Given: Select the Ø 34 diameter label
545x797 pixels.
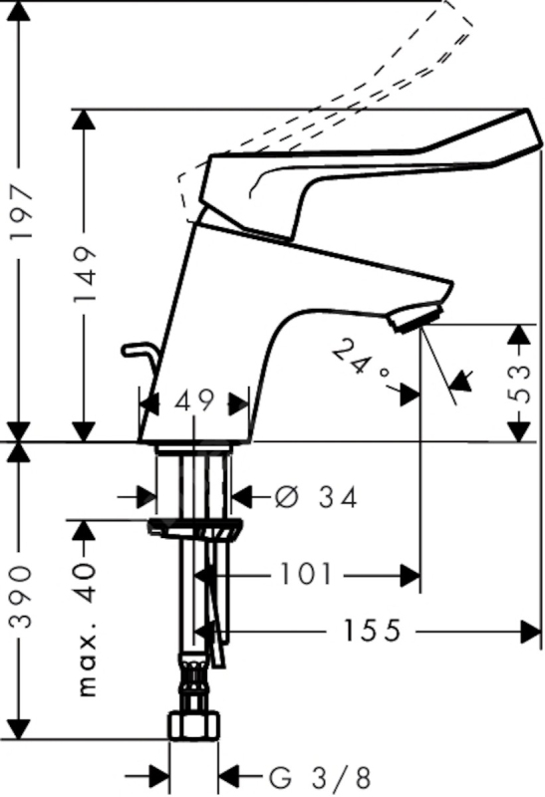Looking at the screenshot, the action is pos(316,497).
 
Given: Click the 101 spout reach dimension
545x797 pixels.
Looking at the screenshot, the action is pos(307,575).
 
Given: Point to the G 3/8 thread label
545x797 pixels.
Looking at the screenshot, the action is pos(320,778).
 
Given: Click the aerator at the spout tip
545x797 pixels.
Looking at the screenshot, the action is pos(415,317).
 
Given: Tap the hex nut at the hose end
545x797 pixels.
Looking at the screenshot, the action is pos(194,725).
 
